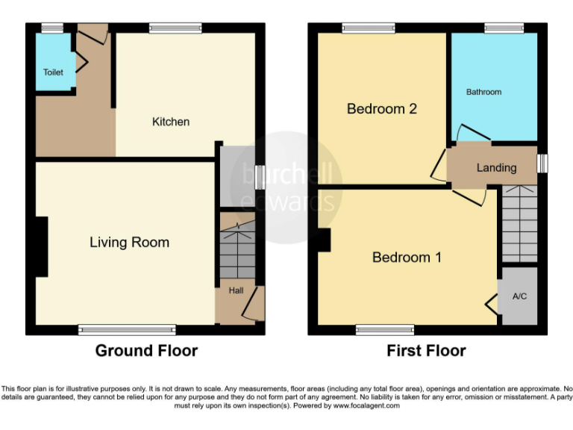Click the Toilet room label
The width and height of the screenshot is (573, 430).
point(53,72)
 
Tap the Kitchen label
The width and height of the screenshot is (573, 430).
point(171,122)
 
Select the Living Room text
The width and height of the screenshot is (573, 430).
point(129,242)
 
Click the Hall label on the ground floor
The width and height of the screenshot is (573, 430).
point(236,290)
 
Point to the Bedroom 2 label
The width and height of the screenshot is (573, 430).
point(382,109)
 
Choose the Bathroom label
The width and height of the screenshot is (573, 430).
point(483,92)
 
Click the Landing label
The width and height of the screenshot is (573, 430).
point(496,168)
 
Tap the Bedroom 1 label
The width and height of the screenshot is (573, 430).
point(407,258)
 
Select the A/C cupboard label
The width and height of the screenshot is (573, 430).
point(519,296)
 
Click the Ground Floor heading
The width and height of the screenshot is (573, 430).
point(146,350)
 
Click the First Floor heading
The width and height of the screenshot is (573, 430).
point(426,350)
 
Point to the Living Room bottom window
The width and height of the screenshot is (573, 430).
point(128,328)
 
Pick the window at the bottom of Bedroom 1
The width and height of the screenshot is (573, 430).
point(385,328)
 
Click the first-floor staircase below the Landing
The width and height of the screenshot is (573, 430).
point(519,224)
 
